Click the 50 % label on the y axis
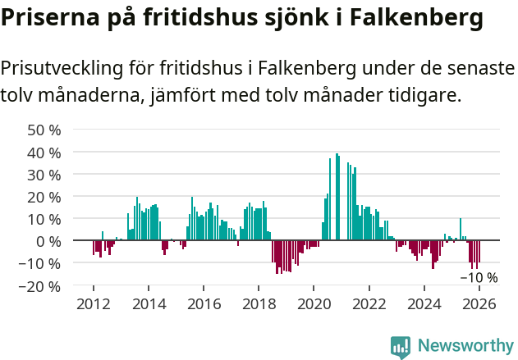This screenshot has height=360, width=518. point(44,130)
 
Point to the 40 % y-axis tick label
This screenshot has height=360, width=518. point(44,152)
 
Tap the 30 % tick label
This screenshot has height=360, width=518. point(44,174)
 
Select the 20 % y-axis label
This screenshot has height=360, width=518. point(44,197)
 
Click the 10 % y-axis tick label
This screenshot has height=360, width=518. point(44,219)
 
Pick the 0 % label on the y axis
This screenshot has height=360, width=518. point(48,241)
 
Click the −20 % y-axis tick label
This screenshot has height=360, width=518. point(41,286)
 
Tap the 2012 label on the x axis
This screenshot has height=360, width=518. point(93,304)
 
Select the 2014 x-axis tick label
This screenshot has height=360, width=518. point(149,304)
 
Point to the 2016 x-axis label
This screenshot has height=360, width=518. point(204,304)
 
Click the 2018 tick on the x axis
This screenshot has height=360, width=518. point(259,304)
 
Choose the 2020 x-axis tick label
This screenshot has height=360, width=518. point(314,304)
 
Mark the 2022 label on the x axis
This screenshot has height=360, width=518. point(369,304)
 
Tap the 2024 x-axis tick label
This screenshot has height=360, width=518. point(424,304)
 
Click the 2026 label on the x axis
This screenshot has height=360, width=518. point(479,304)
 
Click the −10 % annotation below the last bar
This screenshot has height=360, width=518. point(479,277)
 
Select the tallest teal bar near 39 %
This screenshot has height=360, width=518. point(337,197)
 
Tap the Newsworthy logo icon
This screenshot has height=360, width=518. point(401,346)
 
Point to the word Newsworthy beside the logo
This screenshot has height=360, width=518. point(465,346)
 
